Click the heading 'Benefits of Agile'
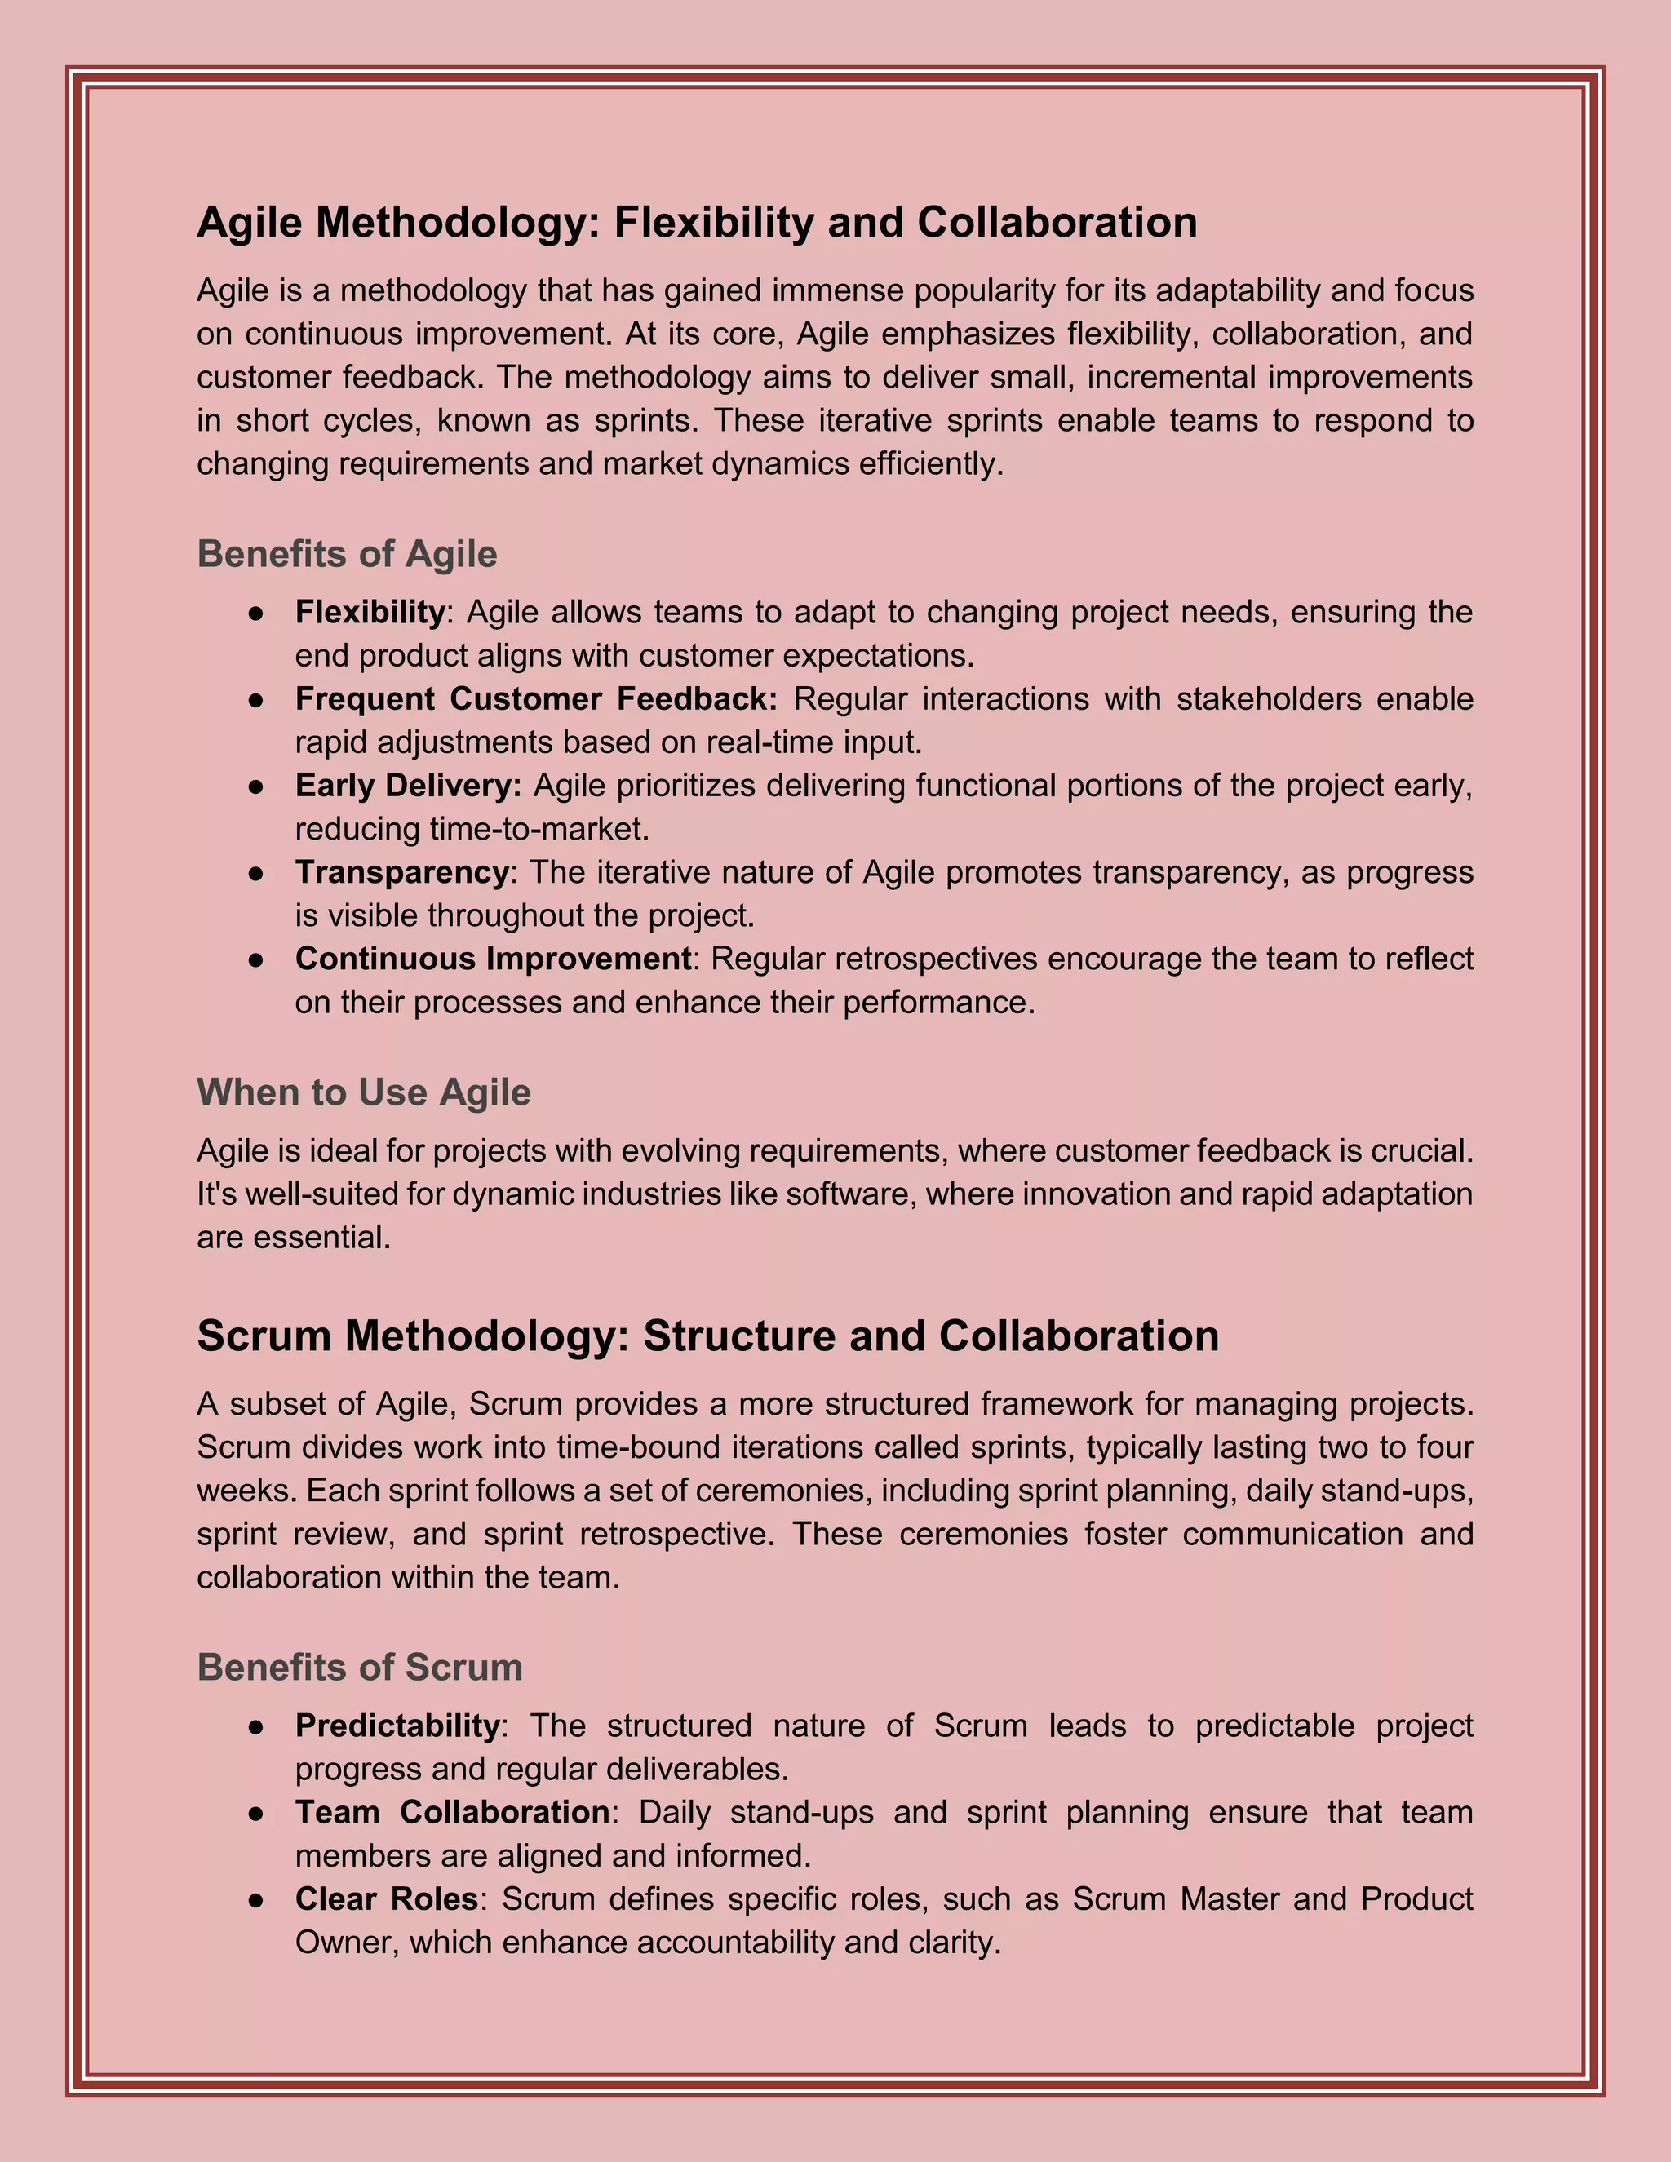tap(347, 554)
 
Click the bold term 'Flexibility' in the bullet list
tap(370, 613)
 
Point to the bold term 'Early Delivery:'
tap(408, 786)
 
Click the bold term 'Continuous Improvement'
tap(493, 959)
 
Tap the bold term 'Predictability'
tap(398, 1726)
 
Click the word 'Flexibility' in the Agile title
tap(714, 223)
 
